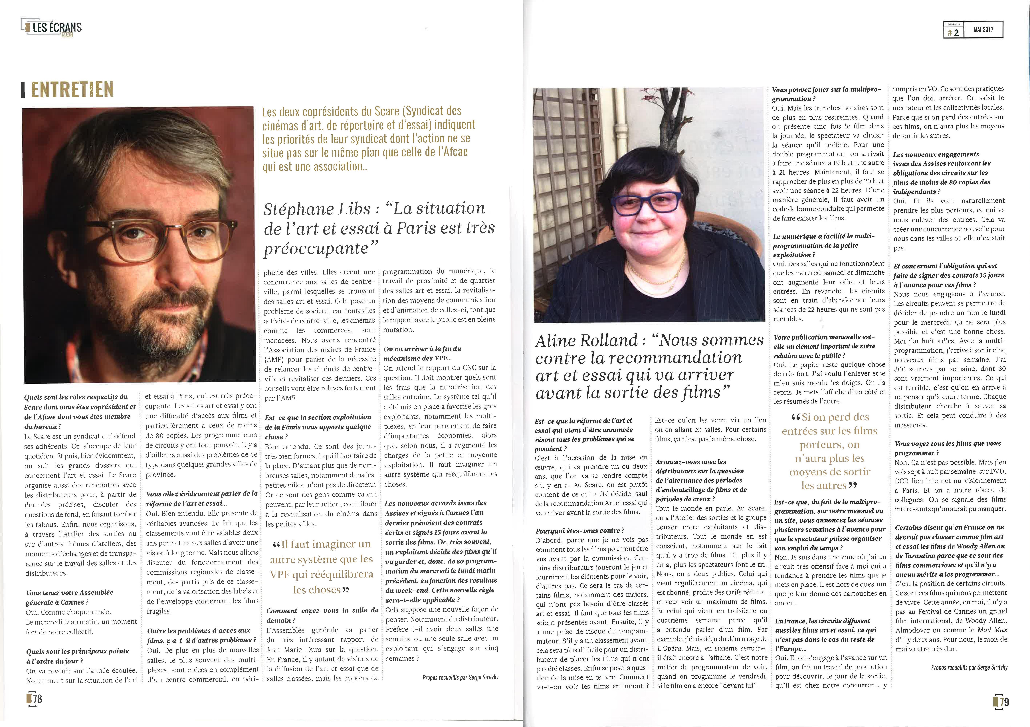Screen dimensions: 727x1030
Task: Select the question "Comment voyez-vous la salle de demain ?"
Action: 322,615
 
